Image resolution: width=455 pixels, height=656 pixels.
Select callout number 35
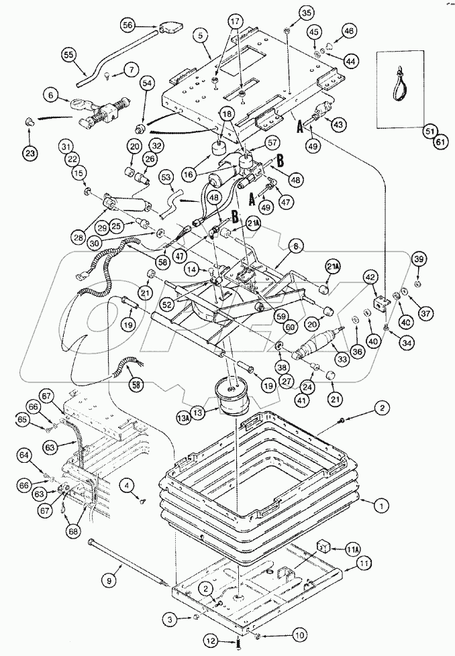(x=287, y=13)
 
